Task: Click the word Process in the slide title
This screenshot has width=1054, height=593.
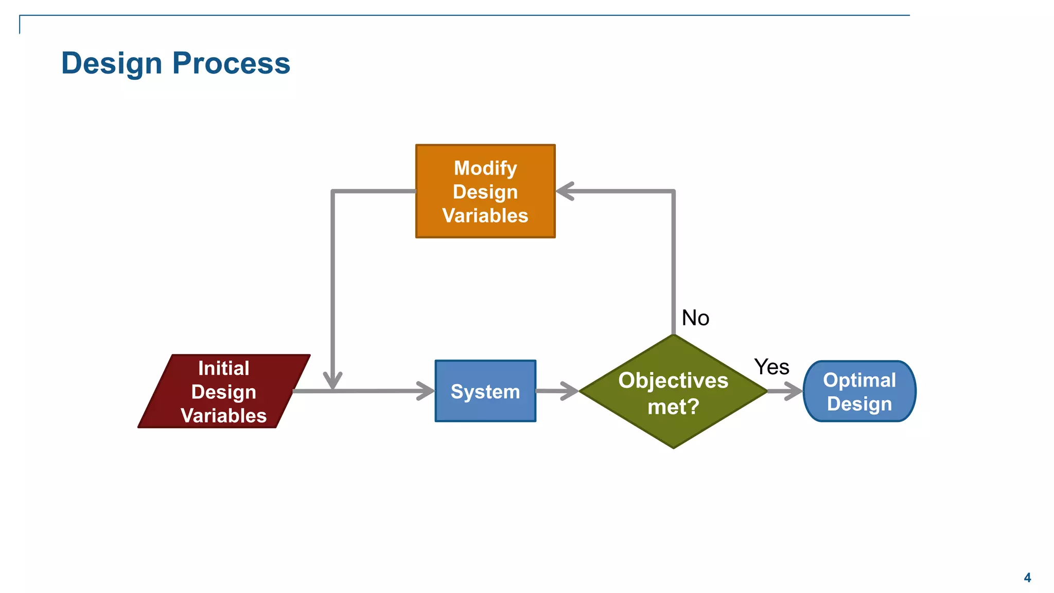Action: click(231, 63)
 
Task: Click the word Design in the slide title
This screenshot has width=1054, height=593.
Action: click(112, 63)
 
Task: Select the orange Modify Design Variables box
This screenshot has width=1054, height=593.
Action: click(485, 191)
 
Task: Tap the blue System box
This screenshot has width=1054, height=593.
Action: click(485, 391)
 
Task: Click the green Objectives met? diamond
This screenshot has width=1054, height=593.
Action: click(673, 391)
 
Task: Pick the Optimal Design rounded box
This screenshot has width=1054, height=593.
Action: click(859, 391)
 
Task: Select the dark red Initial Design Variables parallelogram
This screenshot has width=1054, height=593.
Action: click(224, 391)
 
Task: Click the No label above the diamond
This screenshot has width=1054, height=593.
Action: click(695, 318)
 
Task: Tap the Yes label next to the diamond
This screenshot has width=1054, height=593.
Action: click(771, 367)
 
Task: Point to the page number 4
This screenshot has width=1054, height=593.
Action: click(1027, 578)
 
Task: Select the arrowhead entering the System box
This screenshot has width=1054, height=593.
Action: click(426, 391)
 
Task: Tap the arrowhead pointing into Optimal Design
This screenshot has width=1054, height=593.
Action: click(794, 391)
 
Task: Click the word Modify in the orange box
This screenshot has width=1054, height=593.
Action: click(485, 168)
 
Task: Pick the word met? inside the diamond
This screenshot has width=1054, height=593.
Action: click(673, 407)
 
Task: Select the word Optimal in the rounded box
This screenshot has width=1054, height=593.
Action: click(859, 380)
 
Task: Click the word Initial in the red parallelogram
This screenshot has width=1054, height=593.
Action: click(224, 368)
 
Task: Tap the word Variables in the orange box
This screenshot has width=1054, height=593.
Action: click(485, 215)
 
